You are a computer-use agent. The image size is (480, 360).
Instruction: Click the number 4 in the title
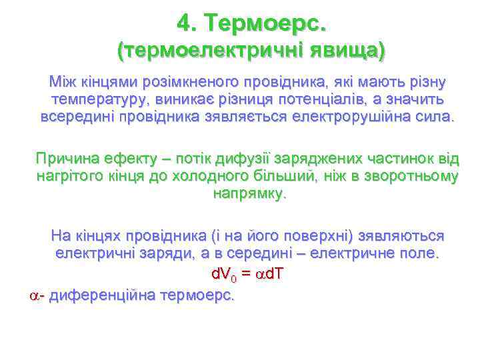tap(185, 24)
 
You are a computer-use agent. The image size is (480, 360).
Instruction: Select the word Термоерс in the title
tap(267, 24)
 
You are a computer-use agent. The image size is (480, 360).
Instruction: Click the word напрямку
tap(248, 194)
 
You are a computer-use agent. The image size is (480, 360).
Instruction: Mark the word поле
tap(418, 254)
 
